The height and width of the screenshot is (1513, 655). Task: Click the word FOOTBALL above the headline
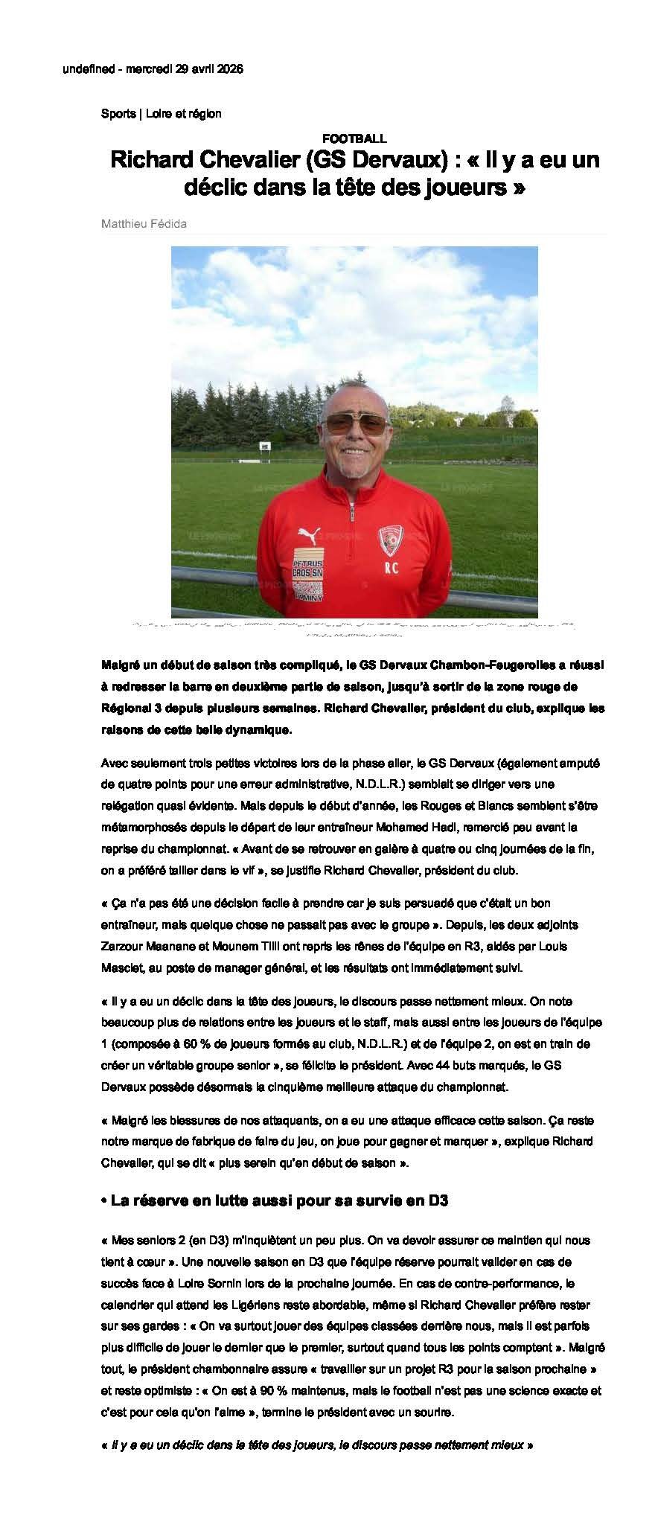[x=354, y=138]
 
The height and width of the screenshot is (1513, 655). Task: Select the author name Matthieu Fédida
[x=144, y=223]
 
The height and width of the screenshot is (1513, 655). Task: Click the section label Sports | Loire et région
[x=161, y=114]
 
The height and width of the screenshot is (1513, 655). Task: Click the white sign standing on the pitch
[x=265, y=447]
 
